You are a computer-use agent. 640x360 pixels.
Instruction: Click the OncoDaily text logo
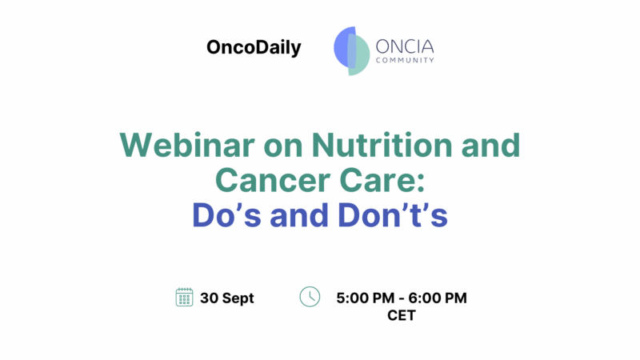pyautogui.click(x=254, y=48)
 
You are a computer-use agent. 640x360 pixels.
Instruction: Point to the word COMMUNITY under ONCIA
pyautogui.click(x=406, y=60)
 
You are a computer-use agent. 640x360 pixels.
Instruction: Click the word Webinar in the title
pyautogui.click(x=174, y=146)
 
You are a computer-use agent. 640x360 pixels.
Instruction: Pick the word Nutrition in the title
pyautogui.click(x=355, y=146)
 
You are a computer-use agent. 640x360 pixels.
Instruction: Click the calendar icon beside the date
pyautogui.click(x=184, y=298)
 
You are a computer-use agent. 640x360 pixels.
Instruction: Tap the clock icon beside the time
pyautogui.click(x=310, y=297)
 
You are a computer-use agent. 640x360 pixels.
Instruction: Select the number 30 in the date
pyautogui.click(x=210, y=298)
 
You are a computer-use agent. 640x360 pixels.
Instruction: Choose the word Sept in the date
pyautogui.click(x=238, y=298)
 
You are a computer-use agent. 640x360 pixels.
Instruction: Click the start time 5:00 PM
pyautogui.click(x=365, y=298)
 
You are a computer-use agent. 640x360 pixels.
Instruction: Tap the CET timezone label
pyautogui.click(x=401, y=315)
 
